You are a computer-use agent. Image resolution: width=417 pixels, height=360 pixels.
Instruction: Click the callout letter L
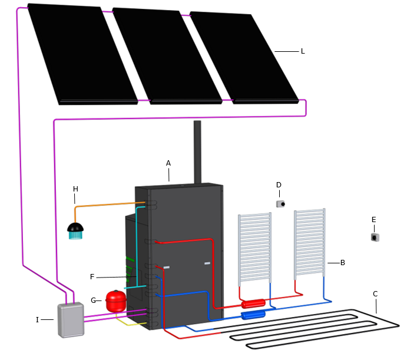pos(303,51)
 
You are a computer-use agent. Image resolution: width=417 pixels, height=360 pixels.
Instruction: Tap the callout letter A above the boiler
pos(168,163)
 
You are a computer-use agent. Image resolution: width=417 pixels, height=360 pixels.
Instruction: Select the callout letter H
pos(75,189)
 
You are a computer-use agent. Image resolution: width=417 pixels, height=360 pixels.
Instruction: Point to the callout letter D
pos(279,185)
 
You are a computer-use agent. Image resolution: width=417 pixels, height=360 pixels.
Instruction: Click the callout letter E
pos(373,220)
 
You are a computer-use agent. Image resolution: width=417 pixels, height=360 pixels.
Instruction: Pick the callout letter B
pos(343,263)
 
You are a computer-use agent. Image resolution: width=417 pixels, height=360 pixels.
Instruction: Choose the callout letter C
pos(375,294)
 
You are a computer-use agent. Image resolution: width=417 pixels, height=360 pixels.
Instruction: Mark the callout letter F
pos(92,276)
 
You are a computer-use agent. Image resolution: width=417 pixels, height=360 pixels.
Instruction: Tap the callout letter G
pos(93,300)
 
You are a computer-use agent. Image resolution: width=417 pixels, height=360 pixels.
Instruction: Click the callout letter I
pos(37,320)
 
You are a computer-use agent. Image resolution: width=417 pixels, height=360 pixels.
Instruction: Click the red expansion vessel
pos(116,301)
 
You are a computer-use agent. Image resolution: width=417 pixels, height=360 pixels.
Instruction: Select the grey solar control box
pos(71,320)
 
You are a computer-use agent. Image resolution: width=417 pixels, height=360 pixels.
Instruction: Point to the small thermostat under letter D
pos(281,204)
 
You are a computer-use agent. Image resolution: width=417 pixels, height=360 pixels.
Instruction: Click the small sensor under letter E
pos(375,237)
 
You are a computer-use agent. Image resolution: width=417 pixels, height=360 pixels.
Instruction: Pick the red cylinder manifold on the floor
pos(253,304)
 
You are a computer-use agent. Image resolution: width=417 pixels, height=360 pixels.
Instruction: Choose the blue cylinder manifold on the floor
pos(253,315)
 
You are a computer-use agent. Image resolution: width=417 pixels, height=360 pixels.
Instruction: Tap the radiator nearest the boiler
pos(254,247)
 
